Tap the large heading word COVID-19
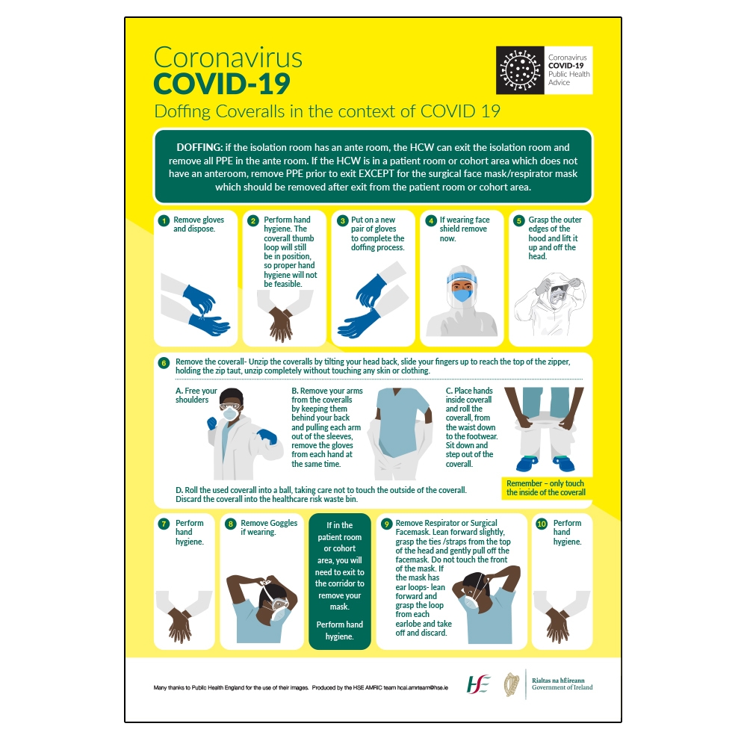point(221,84)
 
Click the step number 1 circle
point(164,220)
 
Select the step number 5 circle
point(518,220)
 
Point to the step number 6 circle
point(164,363)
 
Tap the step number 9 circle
point(386,524)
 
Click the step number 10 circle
point(542,524)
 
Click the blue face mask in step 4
point(462,294)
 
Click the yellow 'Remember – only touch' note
point(545,488)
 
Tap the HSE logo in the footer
point(479,684)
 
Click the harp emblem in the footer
point(512,684)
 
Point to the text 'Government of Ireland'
point(562,687)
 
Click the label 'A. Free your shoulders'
point(196,395)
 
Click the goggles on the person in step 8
point(276,604)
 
